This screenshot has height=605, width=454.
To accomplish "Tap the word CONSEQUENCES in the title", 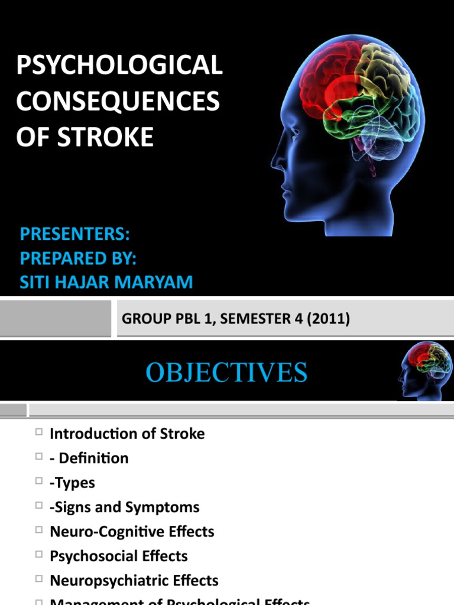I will tap(118, 102).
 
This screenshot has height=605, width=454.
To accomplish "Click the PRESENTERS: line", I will tap(74, 235).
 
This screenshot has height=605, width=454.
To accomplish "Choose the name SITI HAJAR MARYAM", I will tap(106, 282).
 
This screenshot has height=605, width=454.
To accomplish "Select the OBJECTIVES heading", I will tap(226, 373).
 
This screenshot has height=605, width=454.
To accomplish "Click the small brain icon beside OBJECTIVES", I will tap(425, 371).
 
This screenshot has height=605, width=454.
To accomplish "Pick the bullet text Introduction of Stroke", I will tap(127, 434).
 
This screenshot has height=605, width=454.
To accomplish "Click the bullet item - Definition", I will tap(89, 458).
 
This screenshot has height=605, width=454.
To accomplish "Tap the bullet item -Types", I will tap(72, 483).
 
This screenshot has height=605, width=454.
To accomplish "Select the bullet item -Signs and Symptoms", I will tap(124, 507).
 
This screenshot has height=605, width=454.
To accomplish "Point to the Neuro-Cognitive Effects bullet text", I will tap(132, 532).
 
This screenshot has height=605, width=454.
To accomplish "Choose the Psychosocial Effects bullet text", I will tap(118, 556).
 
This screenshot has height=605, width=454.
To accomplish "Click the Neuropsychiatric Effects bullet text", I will tap(134, 581).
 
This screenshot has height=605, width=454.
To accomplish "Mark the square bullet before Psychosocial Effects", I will tap(39, 555).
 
